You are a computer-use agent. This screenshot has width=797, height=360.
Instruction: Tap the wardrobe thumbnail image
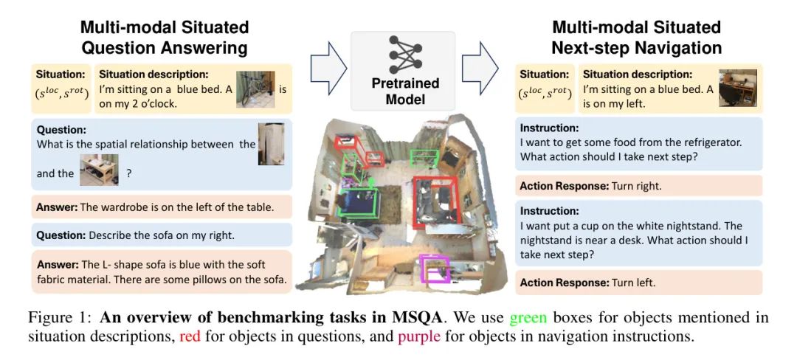(270, 144)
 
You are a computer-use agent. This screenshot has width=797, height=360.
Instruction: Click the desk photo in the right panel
(738, 88)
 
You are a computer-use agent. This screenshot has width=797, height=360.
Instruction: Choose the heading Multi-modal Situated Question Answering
(165, 37)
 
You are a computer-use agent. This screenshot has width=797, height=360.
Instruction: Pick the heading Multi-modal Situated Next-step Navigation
(635, 37)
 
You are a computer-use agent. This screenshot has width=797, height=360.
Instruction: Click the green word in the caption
(528, 318)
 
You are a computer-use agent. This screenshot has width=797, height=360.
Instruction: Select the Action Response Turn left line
(587, 282)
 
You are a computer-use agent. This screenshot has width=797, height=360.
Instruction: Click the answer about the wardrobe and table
(155, 207)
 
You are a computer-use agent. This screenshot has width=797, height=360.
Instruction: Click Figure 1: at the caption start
(61, 318)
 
